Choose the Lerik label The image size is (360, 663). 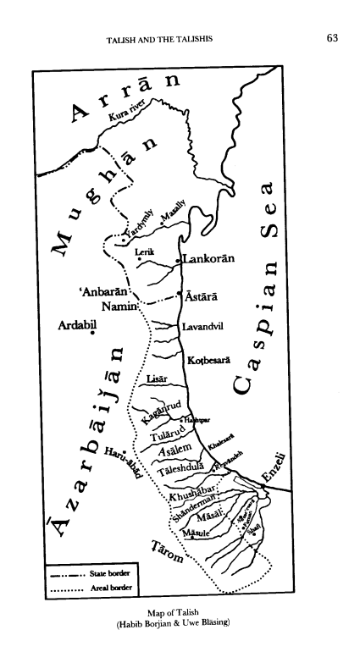pyautogui.click(x=146, y=253)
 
